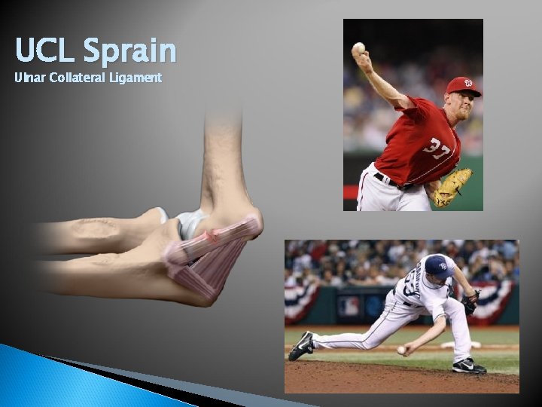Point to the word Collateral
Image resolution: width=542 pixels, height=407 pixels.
click(79, 78)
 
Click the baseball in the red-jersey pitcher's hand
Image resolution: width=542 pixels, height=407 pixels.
click(359, 48)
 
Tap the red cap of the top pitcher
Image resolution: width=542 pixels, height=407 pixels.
click(462, 85)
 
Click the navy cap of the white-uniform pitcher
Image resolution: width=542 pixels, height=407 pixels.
click(436, 265)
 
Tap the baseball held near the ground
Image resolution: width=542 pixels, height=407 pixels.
click(401, 350)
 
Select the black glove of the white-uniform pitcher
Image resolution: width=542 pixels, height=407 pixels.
click(470, 303)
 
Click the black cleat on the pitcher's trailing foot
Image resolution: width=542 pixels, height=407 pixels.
click(303, 345)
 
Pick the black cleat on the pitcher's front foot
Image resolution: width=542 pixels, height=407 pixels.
click(468, 366)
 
